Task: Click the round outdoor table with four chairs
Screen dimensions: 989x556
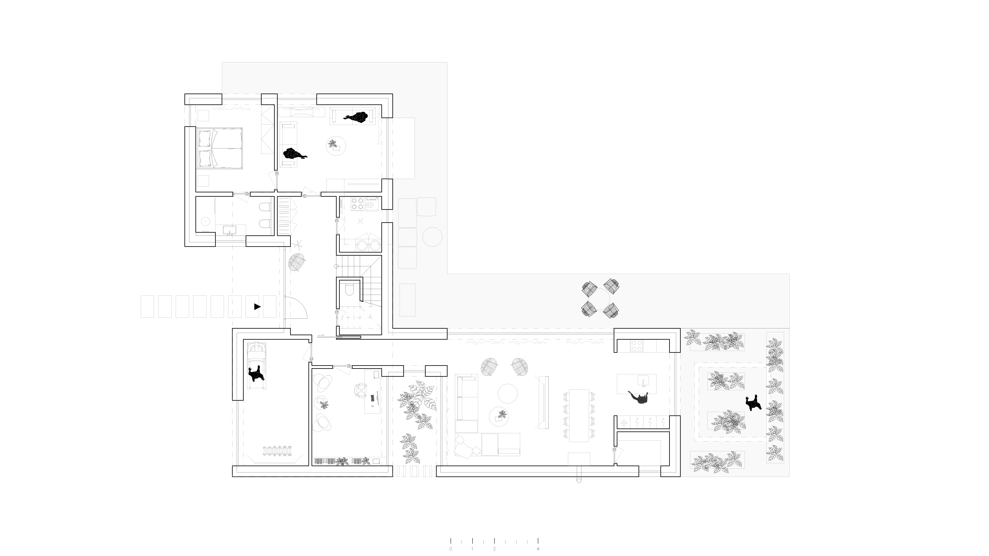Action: [x=600, y=300]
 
